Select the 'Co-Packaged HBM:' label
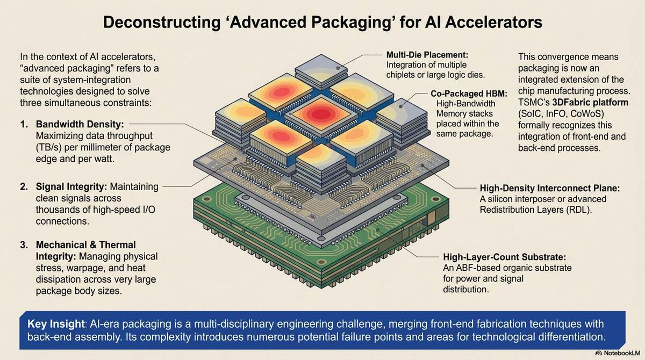coord(465,93)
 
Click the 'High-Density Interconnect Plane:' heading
coord(550,189)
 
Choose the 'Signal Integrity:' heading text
coord(71,187)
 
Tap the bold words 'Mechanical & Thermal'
coord(86,245)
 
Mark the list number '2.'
coord(25,187)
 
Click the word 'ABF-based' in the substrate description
coord(477,268)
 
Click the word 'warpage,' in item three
coord(79,268)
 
